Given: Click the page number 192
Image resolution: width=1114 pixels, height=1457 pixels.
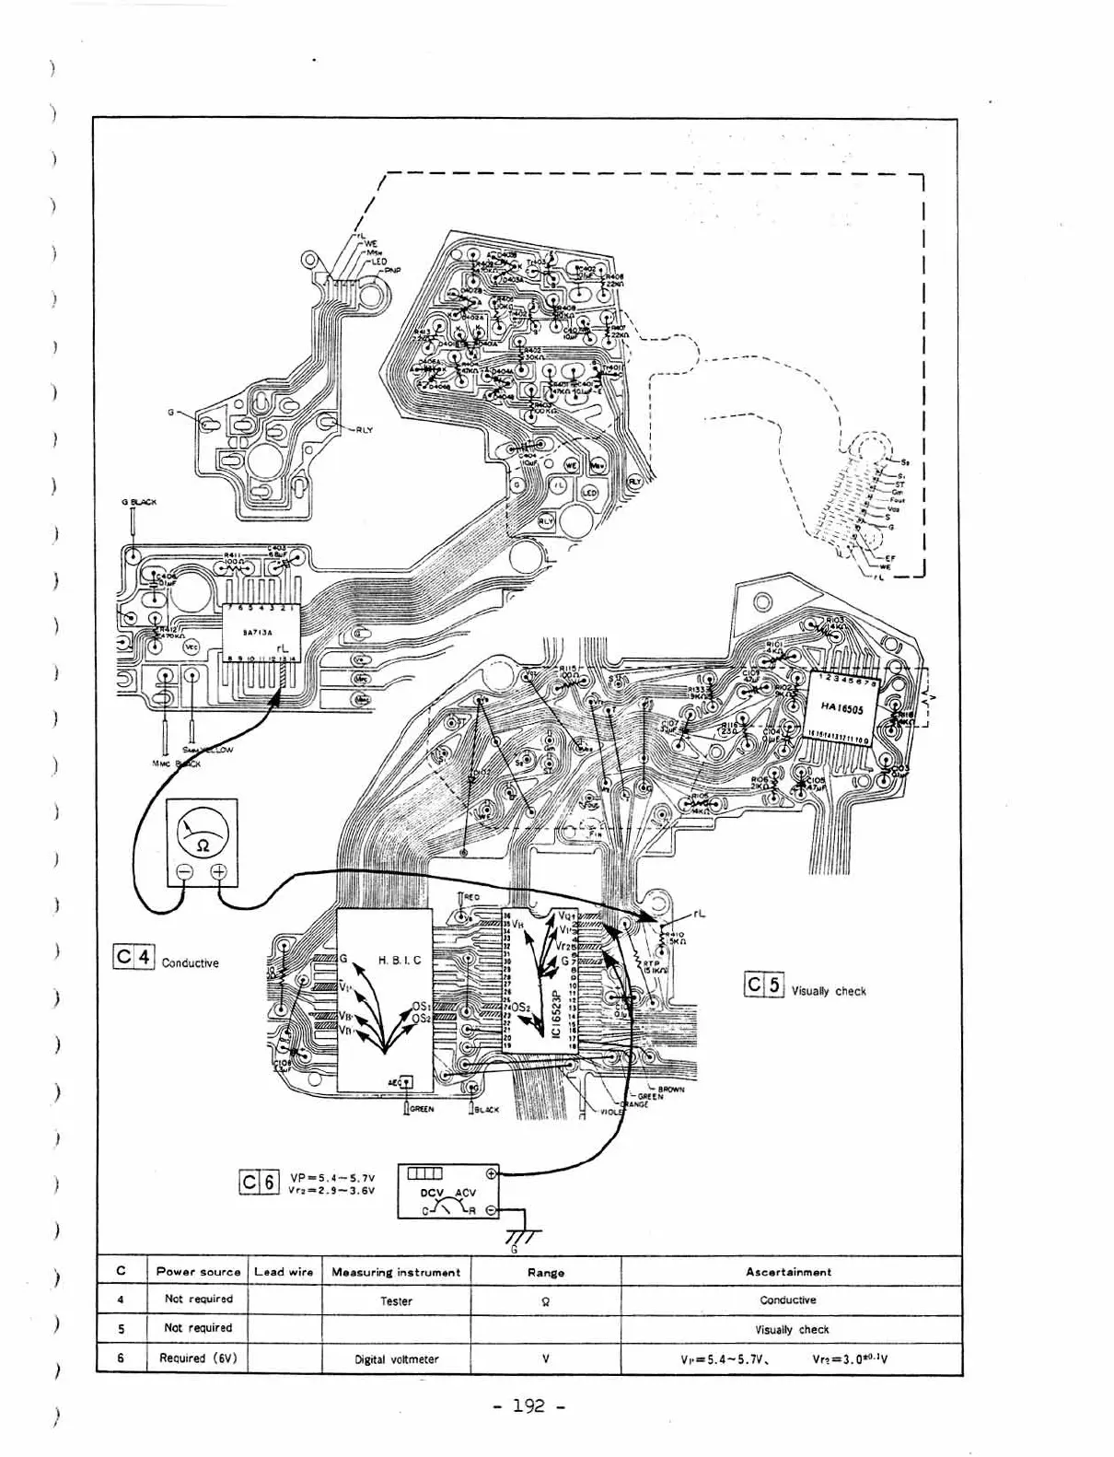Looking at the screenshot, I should coord(528,1406).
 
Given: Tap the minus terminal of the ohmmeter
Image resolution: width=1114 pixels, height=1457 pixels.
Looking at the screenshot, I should coord(183,872).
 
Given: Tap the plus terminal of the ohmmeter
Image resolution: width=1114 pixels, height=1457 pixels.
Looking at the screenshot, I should coord(220,872).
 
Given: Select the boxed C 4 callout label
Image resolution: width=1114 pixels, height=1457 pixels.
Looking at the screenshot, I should coord(133,958).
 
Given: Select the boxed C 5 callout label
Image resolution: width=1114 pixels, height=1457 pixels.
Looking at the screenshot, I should coord(763,985).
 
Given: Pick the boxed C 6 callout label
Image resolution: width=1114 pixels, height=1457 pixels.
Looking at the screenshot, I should coord(259,1182).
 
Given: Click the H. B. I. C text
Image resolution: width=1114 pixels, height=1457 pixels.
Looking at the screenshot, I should coord(400,960).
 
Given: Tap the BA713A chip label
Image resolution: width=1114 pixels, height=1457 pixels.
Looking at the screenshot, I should coord(256,633).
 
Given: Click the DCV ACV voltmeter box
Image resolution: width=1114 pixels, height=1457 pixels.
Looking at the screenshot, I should coord(448,1191).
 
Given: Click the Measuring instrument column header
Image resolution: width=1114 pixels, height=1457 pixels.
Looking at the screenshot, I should coord(396,1272).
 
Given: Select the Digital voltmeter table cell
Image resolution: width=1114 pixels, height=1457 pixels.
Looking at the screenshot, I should coord(396,1358).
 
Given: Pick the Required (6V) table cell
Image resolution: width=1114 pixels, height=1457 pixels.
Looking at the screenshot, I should coord(198,1358).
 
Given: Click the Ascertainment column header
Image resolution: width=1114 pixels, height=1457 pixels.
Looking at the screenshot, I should coord(788,1272).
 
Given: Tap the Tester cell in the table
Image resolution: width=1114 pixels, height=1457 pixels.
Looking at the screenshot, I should coord(396,1301).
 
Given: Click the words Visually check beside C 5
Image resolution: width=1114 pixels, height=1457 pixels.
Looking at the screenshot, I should coord(829,991).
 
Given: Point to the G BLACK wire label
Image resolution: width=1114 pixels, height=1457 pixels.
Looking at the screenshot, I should coord(139,502).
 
